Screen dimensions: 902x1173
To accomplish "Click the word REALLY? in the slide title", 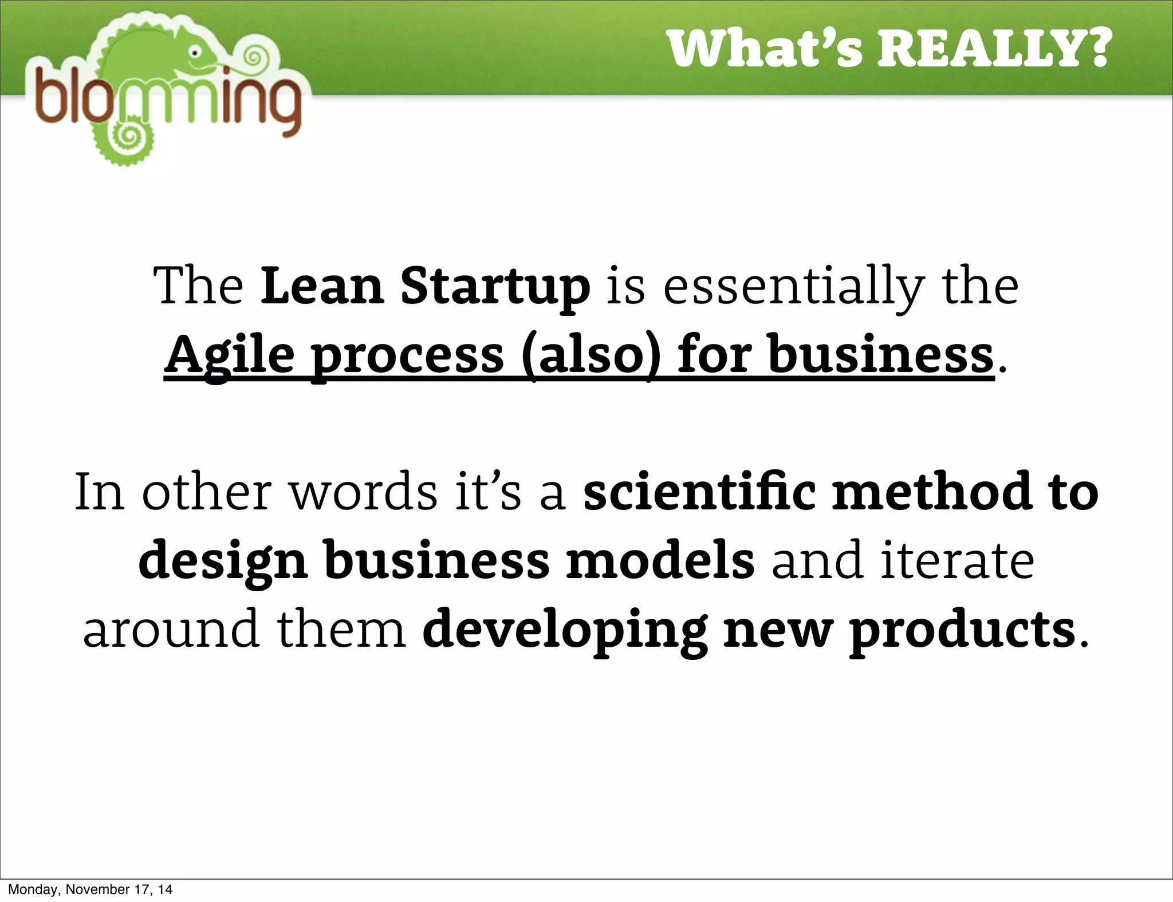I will click(x=994, y=49).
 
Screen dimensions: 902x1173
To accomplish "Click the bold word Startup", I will click(x=495, y=286).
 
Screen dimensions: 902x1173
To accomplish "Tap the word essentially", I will click(x=794, y=286).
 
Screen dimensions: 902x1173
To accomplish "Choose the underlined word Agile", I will click(x=230, y=355).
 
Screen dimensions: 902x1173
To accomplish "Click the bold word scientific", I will click(x=699, y=492).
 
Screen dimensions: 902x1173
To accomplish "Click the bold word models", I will click(x=660, y=561).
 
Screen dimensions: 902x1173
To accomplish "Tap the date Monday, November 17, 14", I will click(x=90, y=889).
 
